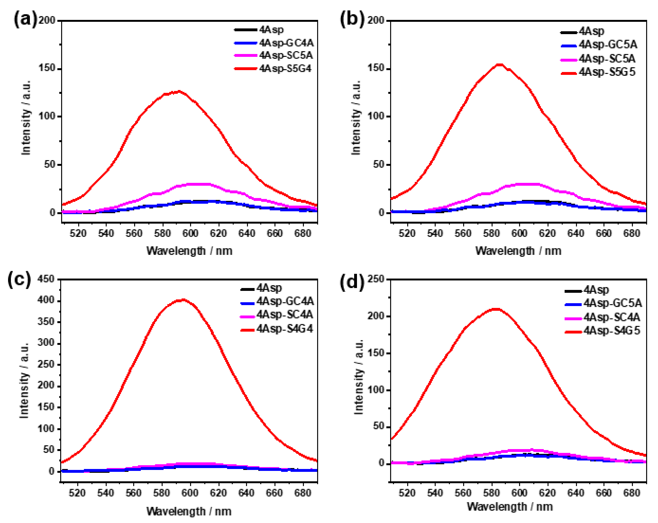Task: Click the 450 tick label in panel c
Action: pyautogui.click(x=46, y=279)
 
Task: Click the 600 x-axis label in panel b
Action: pyautogui.click(x=519, y=233)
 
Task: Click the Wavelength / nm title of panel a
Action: pyautogui.click(x=189, y=251)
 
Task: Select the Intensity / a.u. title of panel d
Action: pyautogui.click(x=359, y=377)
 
